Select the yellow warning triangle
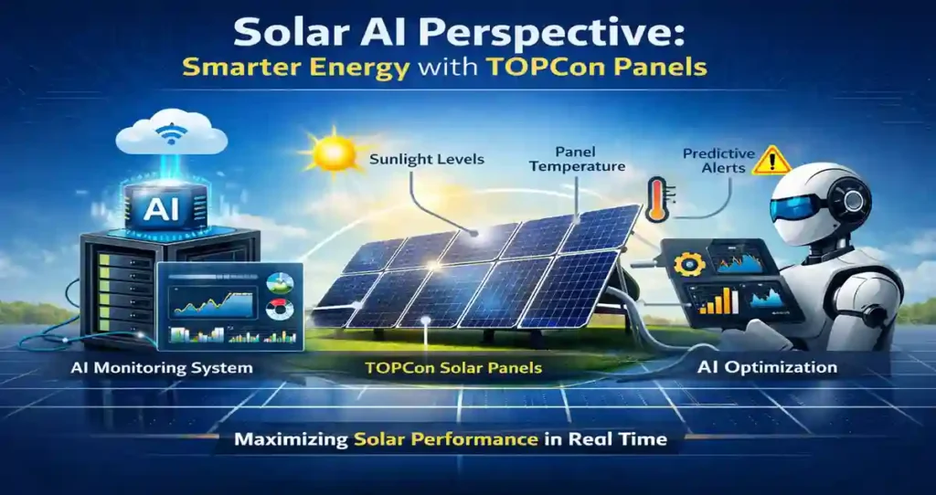click(771, 160)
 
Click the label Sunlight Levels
click(427, 160)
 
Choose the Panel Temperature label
click(577, 159)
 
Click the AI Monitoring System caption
click(161, 368)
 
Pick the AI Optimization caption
click(767, 367)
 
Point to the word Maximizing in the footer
click(290, 440)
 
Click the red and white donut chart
click(280, 311)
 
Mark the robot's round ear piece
click(851, 203)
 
